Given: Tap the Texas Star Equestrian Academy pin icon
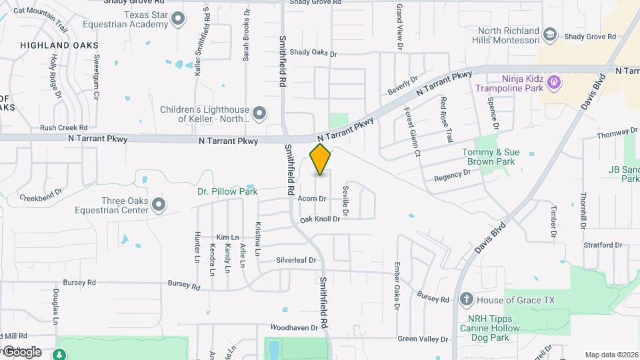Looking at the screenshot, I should (178, 19).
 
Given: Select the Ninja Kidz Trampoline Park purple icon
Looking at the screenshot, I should (553, 83).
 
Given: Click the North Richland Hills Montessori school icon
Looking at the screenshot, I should (549, 34).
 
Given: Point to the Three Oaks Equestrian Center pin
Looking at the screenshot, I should (158, 205).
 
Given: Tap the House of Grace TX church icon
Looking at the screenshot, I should (467, 300).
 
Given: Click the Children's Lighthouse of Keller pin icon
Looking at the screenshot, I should (259, 113).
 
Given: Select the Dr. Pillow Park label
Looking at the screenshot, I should (227, 191).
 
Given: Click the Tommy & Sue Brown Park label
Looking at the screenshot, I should (490, 157).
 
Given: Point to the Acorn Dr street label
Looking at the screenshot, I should (312, 199).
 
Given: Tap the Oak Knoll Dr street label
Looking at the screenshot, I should (320, 219).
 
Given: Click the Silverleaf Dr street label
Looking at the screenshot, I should (299, 260).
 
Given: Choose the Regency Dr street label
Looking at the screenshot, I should (452, 175).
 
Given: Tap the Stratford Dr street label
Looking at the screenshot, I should (602, 245).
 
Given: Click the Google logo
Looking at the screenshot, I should (21, 351).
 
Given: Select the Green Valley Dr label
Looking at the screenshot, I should (423, 339).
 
